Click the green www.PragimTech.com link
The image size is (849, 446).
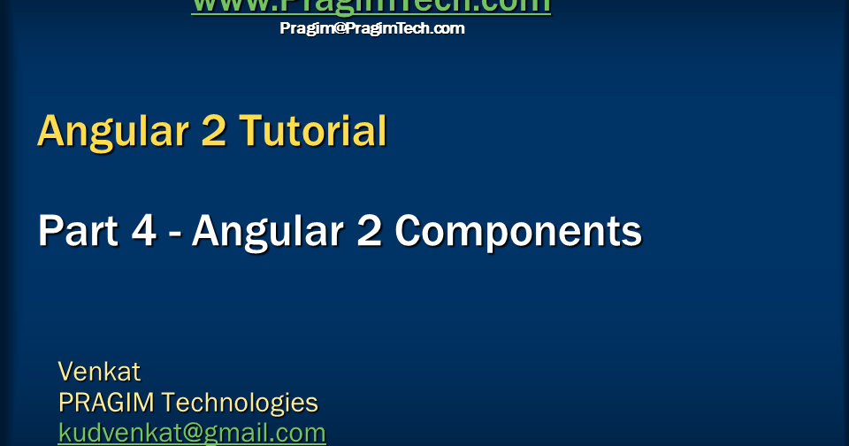click(371, 6)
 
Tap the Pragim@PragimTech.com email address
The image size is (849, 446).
click(371, 28)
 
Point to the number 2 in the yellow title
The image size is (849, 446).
click(212, 131)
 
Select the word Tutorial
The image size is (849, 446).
click(314, 131)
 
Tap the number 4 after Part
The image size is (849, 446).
click(143, 232)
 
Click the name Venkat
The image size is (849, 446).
click(99, 371)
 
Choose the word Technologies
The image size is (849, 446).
click(240, 403)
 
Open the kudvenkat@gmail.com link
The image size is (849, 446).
click(192, 433)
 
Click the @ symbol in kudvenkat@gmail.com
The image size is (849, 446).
click(191, 434)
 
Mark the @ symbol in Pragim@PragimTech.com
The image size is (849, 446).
click(338, 28)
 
